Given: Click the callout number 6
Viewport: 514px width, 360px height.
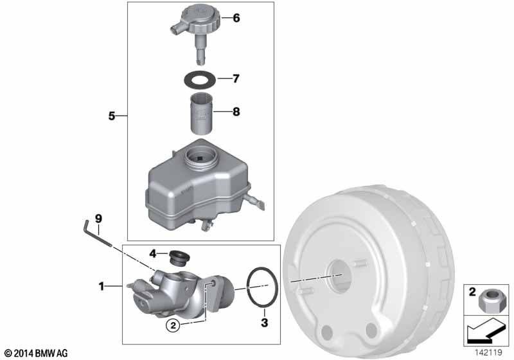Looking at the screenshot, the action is coord(236,18).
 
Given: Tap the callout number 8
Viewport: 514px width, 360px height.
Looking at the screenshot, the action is coord(236,112).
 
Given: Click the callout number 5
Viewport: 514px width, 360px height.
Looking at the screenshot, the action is coord(112,116).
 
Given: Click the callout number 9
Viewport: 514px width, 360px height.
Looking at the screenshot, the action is coord(99,219).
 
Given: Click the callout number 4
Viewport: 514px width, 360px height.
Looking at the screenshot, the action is coord(153,253).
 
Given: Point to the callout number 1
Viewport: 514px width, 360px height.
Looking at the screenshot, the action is coord(102,287).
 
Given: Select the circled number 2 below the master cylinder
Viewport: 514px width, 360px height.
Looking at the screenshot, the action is coord(173,325).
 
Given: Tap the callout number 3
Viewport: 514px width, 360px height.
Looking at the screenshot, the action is coord(264,323).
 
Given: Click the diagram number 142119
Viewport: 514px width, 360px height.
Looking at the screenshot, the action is coord(488,353).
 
